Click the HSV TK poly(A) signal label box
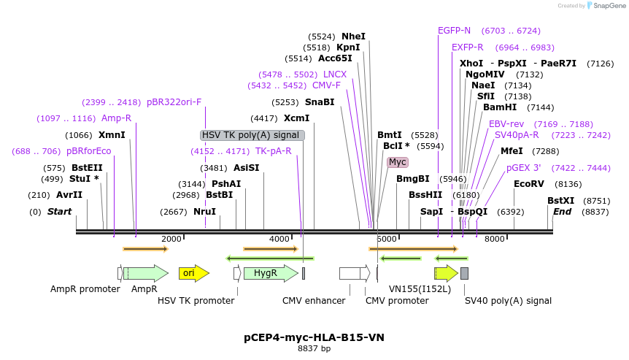click(252, 135)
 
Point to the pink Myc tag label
click(398, 162)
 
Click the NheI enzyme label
click(353, 37)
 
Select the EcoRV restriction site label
click(528, 184)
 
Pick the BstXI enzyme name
click(561, 201)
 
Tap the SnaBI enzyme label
click(320, 102)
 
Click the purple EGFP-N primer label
click(454, 31)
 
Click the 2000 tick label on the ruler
click(171, 239)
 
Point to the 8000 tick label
click(495, 239)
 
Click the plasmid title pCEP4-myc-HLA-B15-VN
click(314, 337)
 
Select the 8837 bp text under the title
click(314, 349)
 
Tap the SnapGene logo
click(606, 6)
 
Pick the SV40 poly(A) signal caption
click(508, 300)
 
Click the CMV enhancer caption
click(314, 300)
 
